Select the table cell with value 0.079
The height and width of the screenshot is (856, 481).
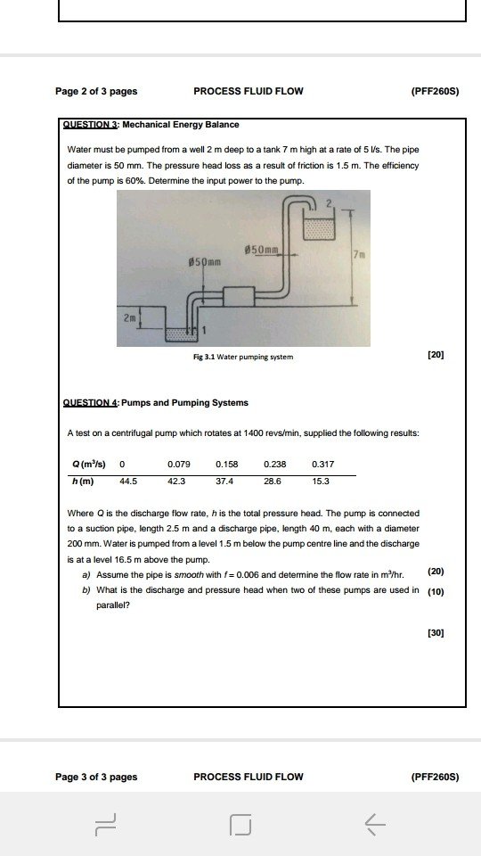click(178, 464)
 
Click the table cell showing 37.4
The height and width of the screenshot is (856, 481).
click(225, 481)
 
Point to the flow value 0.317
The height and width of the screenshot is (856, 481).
click(322, 464)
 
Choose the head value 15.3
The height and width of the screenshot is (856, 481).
click(321, 481)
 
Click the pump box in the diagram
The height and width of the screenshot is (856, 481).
click(237, 298)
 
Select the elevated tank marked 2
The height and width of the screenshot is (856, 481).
click(322, 224)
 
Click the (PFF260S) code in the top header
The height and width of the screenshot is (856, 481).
click(435, 91)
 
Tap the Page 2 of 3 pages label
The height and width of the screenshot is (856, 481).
click(96, 91)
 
